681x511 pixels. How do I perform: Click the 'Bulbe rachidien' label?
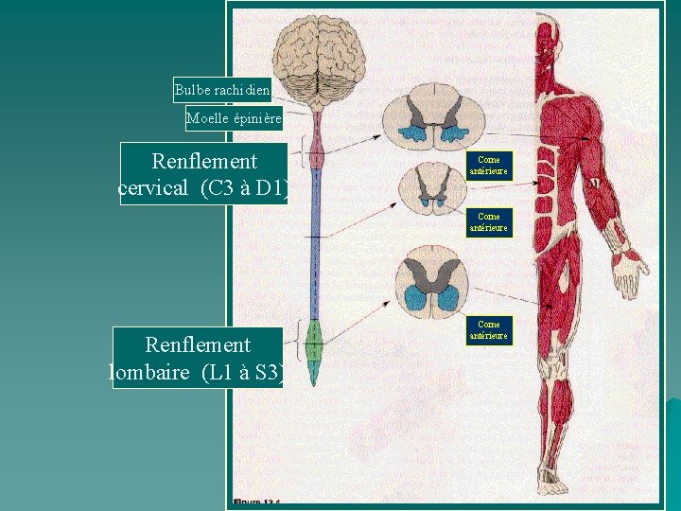[x=222, y=91]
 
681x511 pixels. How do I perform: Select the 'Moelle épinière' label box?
[x=234, y=118]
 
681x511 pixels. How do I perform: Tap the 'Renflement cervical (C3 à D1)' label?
[x=202, y=174]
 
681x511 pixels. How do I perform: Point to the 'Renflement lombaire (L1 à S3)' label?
[x=197, y=358]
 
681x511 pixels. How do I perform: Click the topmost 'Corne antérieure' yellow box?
[x=489, y=166]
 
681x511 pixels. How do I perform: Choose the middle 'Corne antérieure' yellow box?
[x=489, y=222]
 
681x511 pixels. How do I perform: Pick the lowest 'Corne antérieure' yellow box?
[x=489, y=330]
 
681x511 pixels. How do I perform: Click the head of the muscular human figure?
[x=548, y=52]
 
